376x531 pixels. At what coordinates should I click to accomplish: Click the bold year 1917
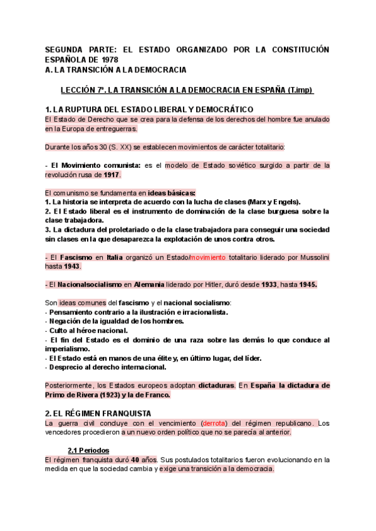[x=112, y=175]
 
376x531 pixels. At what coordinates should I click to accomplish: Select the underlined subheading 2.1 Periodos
[x=88, y=450]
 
